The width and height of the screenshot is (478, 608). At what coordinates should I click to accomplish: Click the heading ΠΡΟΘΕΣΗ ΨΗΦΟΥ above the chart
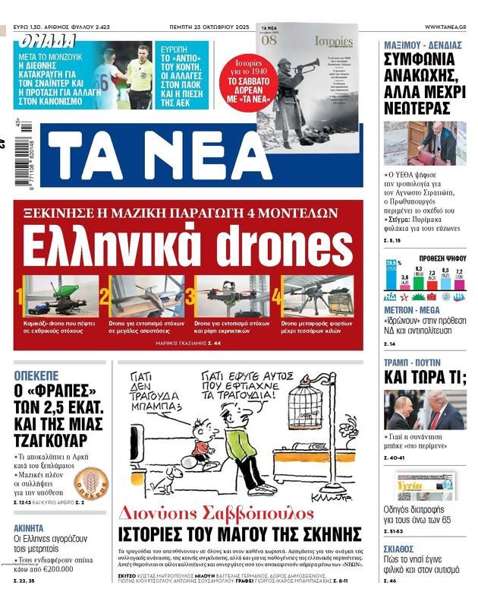(x=442, y=258)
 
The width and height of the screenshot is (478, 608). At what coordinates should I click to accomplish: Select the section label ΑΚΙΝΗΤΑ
(x=32, y=527)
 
